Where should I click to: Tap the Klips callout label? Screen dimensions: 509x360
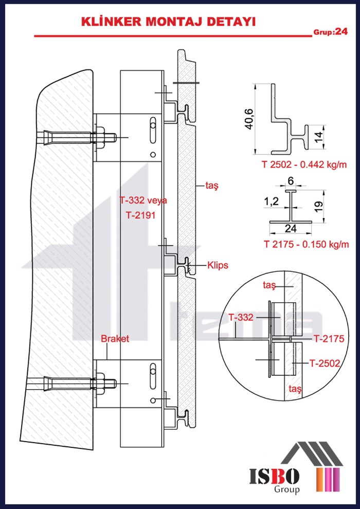[218, 265]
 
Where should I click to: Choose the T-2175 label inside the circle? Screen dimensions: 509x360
[329, 339]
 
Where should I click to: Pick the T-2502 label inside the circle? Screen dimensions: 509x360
[325, 363]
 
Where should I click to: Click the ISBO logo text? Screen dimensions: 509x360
[275, 476]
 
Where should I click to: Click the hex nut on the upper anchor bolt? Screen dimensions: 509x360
[109, 137]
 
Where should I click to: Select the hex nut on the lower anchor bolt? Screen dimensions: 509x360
[109, 384]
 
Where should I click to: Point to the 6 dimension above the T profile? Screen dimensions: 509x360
[291, 180]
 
